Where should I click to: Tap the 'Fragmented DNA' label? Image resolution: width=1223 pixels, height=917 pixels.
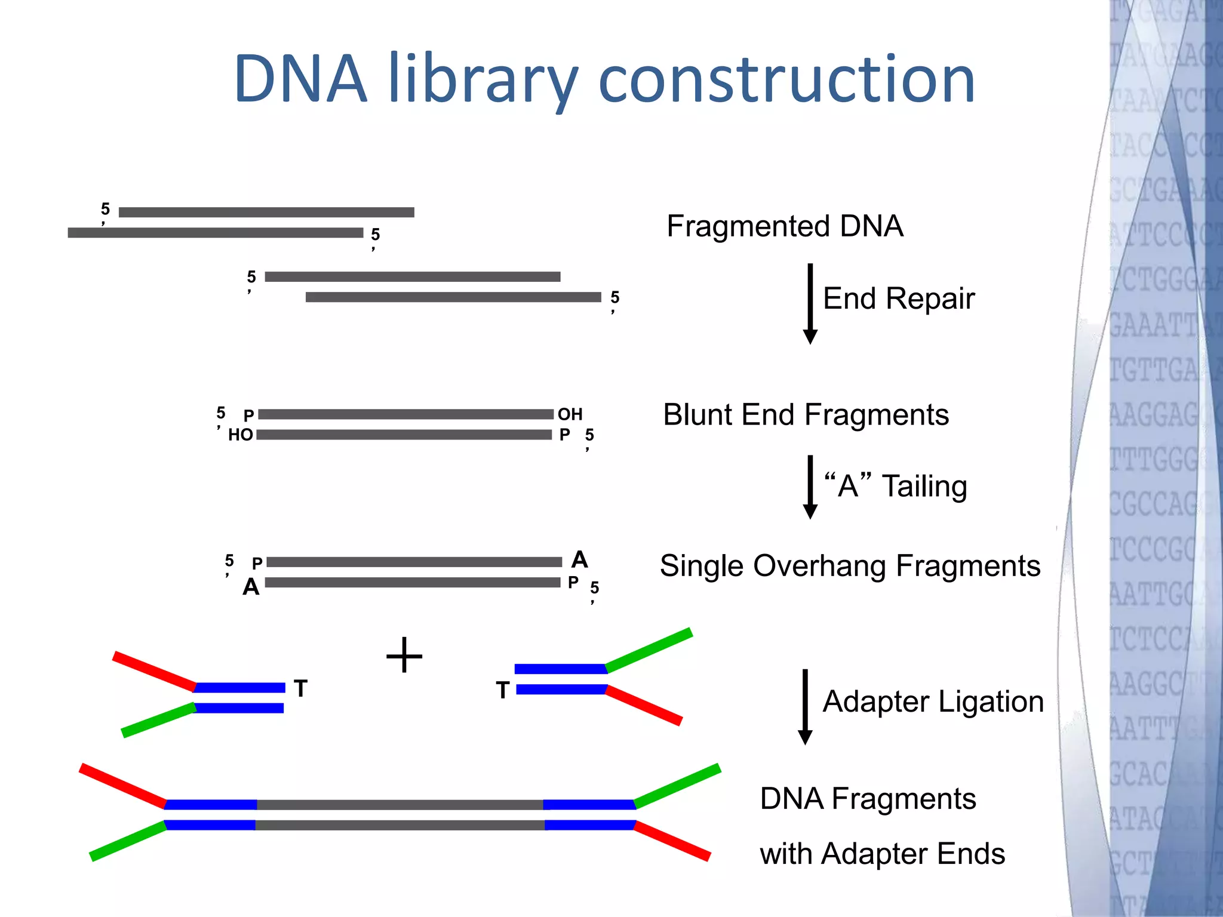click(x=785, y=226)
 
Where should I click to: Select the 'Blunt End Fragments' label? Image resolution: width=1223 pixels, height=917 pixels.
click(x=806, y=415)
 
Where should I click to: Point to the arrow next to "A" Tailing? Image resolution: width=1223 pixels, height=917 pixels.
click(x=810, y=487)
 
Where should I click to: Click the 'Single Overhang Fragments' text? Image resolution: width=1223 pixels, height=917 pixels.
click(x=850, y=566)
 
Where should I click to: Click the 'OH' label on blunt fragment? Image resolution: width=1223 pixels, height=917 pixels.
click(x=570, y=414)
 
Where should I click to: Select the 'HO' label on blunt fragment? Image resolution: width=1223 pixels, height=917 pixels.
click(x=241, y=435)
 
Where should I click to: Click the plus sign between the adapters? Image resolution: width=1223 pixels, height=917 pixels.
click(x=404, y=655)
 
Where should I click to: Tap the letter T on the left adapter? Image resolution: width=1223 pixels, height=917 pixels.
click(x=300, y=689)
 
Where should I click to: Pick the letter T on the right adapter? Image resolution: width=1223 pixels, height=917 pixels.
click(x=503, y=691)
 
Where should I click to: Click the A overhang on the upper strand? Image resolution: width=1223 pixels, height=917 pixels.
click(x=579, y=560)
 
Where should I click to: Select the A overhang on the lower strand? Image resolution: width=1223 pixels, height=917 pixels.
click(x=251, y=587)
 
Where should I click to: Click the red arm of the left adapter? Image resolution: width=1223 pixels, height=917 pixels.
click(x=154, y=671)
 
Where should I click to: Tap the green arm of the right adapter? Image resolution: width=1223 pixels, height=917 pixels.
click(x=649, y=650)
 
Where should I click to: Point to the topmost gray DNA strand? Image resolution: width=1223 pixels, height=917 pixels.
click(x=266, y=213)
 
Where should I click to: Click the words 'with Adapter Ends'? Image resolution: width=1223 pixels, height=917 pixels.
click(x=882, y=854)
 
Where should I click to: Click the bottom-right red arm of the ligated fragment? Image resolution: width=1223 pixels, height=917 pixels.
click(x=672, y=841)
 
